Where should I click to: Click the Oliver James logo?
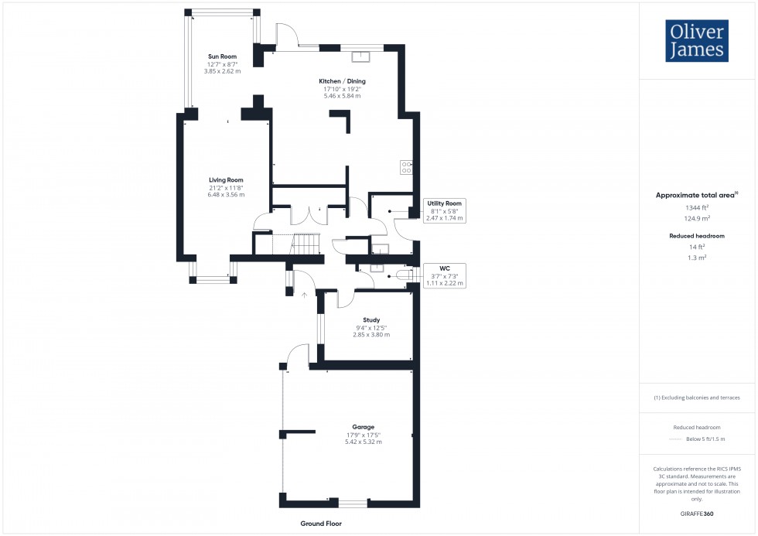696,41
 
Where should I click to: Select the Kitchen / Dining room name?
342,81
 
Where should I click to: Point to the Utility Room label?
445,203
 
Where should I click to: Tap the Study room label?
371,319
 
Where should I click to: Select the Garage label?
364,427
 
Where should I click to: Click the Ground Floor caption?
321,524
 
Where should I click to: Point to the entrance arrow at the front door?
305,295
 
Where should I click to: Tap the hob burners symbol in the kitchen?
406,166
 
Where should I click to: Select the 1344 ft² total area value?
697,208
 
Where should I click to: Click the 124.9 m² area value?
697,219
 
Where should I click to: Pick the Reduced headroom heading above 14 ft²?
697,235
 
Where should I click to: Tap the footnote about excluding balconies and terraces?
697,398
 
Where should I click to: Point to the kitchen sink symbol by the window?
361,56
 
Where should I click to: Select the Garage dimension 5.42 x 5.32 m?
364,442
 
